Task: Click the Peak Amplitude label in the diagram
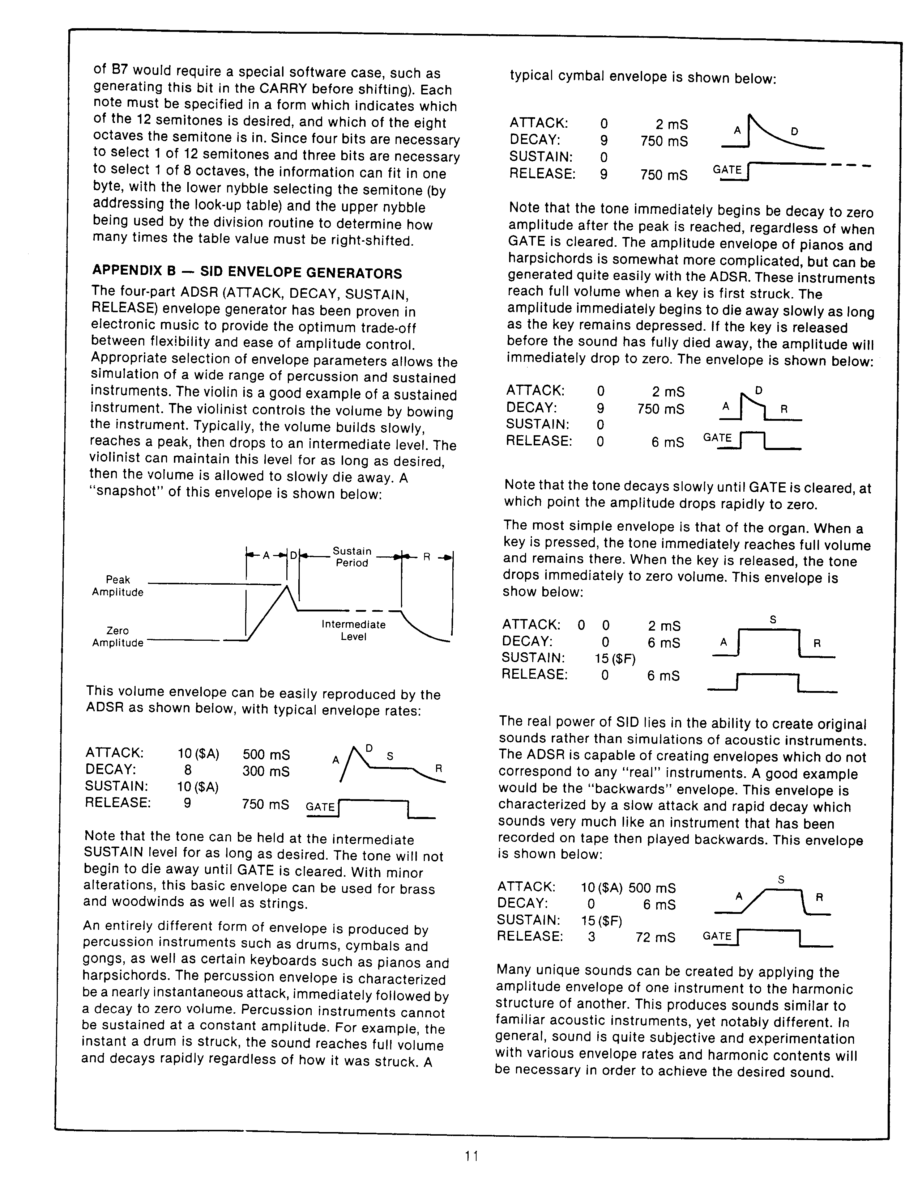118,586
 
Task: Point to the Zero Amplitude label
118,636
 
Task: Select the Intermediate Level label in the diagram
353,630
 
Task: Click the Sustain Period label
352,557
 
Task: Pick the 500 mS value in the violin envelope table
266,755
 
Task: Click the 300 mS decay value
266,771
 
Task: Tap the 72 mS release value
655,937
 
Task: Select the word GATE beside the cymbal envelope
727,170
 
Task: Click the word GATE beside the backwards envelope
717,936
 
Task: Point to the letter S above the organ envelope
773,619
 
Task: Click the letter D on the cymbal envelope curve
794,131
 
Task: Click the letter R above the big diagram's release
427,557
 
